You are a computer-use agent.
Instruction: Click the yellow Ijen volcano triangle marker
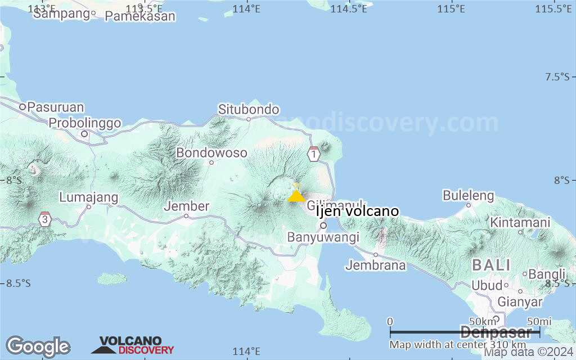pos(296,195)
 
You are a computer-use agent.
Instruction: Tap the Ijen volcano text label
pos(357,211)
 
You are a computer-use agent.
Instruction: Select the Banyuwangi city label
pos(323,237)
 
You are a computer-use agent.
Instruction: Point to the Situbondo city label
pos(249,109)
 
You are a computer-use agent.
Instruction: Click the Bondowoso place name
pos(211,152)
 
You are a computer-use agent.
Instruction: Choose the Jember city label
pos(187,206)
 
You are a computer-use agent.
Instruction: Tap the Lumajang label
pos(89,197)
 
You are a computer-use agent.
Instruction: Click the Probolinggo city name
pos(85,123)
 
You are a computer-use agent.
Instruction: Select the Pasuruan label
pos(55,106)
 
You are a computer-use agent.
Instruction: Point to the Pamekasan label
pos(140,16)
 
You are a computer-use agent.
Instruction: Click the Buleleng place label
pos(468,196)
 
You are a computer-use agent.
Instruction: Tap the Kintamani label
pos(520,222)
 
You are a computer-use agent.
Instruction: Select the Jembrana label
pos(376,265)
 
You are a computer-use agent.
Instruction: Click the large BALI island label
pos(491,264)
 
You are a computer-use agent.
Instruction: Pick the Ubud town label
pos(487,285)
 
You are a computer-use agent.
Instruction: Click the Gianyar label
pos(520,302)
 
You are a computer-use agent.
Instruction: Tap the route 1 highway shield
pos(313,153)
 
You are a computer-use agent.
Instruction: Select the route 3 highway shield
pos(45,219)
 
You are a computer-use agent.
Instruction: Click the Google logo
pos(38,346)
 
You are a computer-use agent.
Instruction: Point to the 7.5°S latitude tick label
pos(557,77)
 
